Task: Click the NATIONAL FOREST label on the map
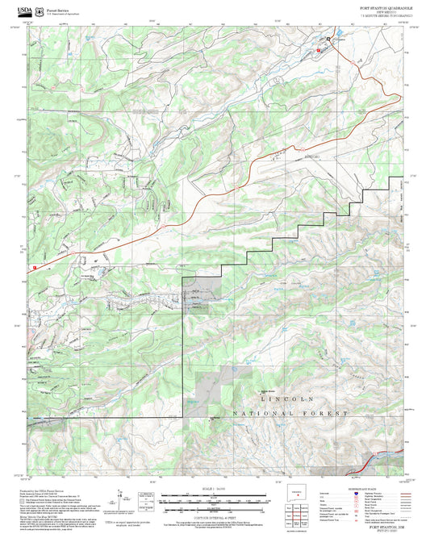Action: (x=290, y=413)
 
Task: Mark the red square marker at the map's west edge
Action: (x=35, y=268)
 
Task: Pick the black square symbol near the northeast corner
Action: (x=328, y=39)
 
